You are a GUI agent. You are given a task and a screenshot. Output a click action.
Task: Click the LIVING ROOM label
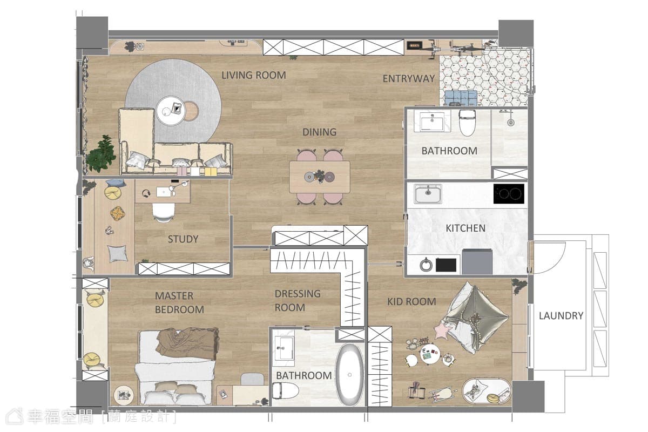point(254,75)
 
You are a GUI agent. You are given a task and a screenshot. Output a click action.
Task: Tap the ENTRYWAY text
point(408,78)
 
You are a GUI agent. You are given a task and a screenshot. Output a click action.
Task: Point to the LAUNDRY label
point(561,315)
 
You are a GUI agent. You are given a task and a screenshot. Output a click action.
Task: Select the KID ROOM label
point(411,301)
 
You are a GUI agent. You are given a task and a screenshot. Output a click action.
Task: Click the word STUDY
point(183,239)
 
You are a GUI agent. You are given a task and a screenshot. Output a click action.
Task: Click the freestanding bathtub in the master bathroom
point(349,374)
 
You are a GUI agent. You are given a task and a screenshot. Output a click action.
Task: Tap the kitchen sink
point(428,194)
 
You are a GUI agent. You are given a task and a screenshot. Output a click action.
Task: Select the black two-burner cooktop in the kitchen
point(509,193)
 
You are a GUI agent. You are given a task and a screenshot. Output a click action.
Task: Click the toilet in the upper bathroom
point(467,123)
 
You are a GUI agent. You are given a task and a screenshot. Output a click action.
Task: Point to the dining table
point(320,177)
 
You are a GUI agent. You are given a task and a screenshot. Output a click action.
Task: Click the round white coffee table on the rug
point(171,111)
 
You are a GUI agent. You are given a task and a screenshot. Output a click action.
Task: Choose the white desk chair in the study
point(164,212)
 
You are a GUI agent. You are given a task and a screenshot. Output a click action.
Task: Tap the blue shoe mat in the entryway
point(461,98)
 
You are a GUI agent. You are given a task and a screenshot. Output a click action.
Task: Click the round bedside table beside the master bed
point(124,395)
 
